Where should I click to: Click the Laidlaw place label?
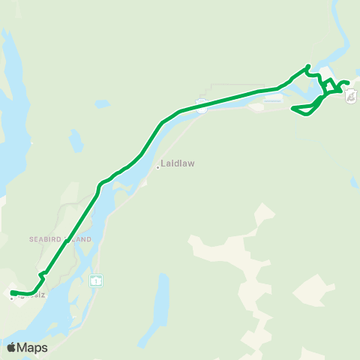click(175, 165)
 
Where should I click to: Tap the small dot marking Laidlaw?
click(157, 167)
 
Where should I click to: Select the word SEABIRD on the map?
click(49, 239)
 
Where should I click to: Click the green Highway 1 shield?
click(96, 280)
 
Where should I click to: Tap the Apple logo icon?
click(11, 347)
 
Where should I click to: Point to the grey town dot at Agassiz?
click(12, 298)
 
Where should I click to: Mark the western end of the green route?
click(11, 292)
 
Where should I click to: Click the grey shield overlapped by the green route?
click(201, 104)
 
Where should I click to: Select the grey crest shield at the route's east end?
click(351, 94)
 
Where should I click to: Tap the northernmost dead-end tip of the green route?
click(308, 66)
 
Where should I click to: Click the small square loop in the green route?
click(329, 85)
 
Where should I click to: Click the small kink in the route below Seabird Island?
click(43, 274)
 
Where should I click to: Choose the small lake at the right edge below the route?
click(355, 182)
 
